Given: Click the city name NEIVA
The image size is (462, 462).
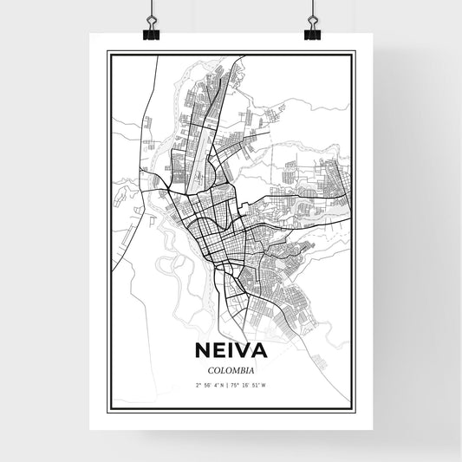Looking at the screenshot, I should click(231, 352).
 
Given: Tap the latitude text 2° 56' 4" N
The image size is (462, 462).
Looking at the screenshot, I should click(211, 384).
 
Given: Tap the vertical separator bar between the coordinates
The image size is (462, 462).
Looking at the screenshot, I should click(231, 384).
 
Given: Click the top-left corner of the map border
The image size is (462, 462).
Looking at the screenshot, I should click(107, 52).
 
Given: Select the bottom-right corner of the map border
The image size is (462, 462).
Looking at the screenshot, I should click(355, 410).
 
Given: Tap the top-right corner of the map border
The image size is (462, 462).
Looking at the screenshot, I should click(355, 52).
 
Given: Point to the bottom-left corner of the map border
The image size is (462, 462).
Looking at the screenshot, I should click(107, 410).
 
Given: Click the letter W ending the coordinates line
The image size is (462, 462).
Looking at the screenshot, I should click(264, 384).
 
